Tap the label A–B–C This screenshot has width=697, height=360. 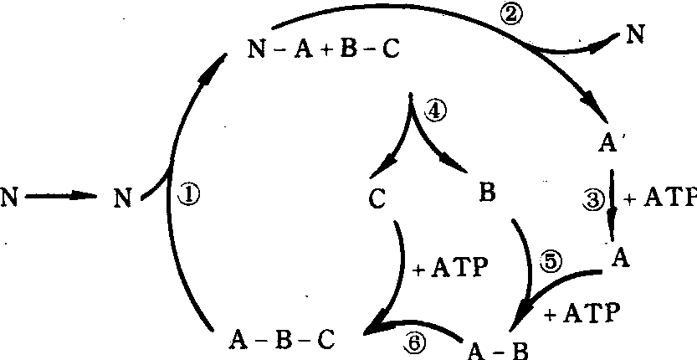tap(281, 342)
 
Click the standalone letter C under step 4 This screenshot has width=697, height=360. tap(375, 198)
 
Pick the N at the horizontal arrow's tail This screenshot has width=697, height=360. tap(10, 198)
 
